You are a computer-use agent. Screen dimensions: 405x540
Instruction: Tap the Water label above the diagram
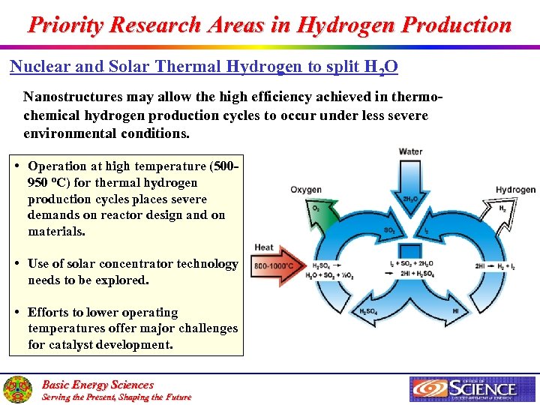[x=410, y=151]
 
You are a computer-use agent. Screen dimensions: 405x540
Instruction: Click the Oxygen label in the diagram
[x=306, y=190]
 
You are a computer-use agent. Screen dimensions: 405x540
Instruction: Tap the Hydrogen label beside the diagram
[x=515, y=190]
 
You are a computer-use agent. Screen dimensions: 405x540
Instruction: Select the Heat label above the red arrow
[x=264, y=247]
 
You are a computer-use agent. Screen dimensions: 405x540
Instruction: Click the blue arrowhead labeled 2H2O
[x=410, y=199]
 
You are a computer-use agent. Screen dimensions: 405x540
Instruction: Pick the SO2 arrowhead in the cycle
[x=390, y=229]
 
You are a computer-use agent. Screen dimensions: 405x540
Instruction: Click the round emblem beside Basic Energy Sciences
[x=17, y=389]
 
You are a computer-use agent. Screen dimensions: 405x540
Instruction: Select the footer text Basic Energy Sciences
[x=97, y=384]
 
